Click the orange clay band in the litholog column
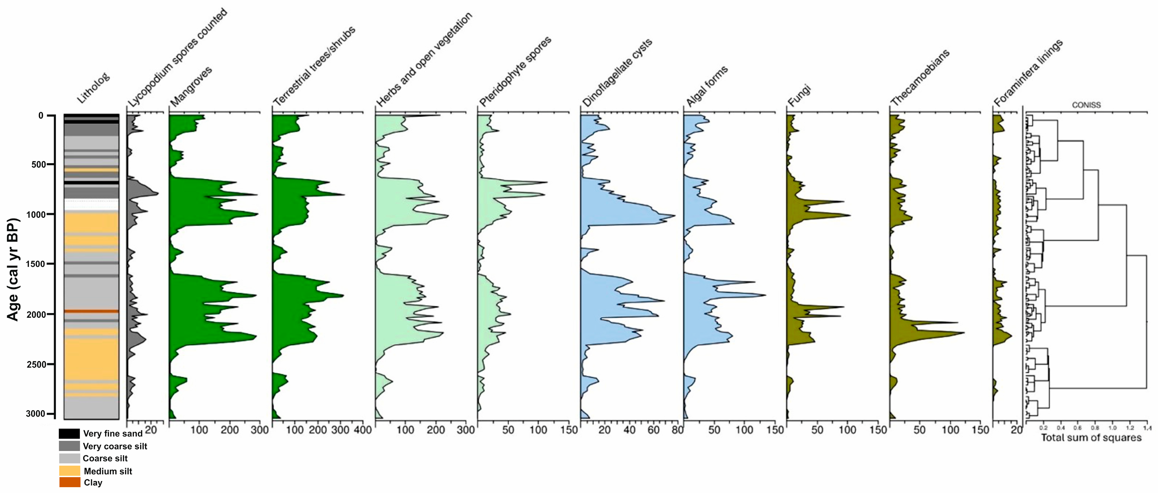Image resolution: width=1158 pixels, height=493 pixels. click(91, 311)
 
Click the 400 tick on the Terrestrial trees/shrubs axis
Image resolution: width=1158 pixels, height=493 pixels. click(363, 430)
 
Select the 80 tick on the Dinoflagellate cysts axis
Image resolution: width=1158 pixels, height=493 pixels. click(677, 430)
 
